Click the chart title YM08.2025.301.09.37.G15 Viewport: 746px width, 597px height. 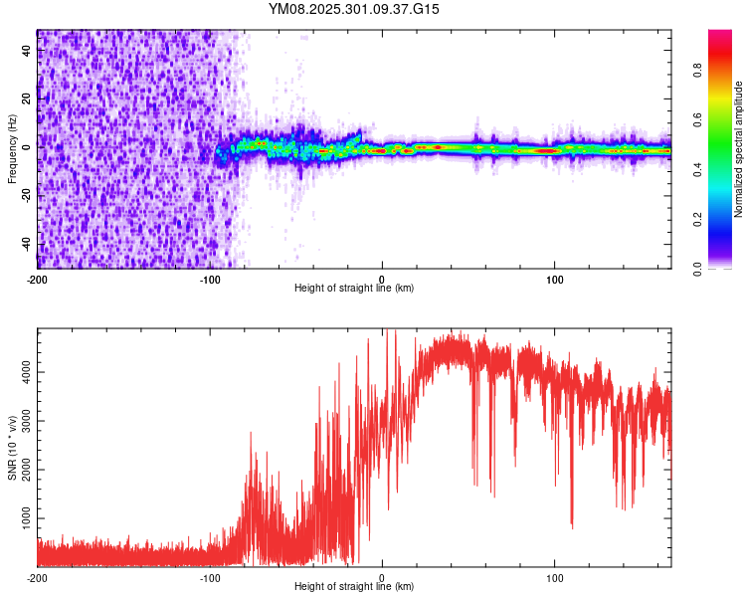[x=354, y=9]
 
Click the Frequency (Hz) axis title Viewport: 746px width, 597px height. [x=12, y=149]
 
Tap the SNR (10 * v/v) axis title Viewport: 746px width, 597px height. [x=12, y=448]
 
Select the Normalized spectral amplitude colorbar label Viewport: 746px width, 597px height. [x=739, y=149]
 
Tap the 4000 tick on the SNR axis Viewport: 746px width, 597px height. [x=21, y=371]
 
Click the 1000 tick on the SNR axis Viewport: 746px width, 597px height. [x=21, y=518]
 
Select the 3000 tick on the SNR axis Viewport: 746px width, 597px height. [x=21, y=420]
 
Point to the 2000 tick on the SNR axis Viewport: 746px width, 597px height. [x=21, y=470]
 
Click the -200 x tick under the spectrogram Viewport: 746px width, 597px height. [x=38, y=279]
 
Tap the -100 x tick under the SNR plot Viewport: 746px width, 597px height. [x=210, y=577]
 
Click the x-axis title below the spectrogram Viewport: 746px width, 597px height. [x=354, y=289]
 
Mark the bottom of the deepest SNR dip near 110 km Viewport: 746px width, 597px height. [x=571, y=525]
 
